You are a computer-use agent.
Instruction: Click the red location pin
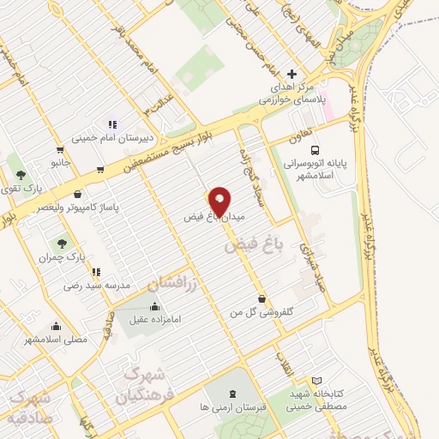219,201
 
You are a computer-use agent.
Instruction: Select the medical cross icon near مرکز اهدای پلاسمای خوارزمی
292,74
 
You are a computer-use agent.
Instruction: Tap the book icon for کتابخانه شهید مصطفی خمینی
316,380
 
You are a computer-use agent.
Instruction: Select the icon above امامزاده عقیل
154,306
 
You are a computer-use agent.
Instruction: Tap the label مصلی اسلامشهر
57,340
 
